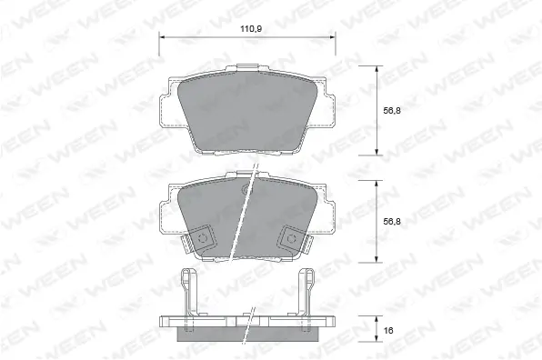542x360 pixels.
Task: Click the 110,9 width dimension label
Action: tap(246, 29)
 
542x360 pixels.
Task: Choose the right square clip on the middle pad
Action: tap(292, 237)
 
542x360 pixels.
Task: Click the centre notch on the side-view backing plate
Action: tap(246, 319)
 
